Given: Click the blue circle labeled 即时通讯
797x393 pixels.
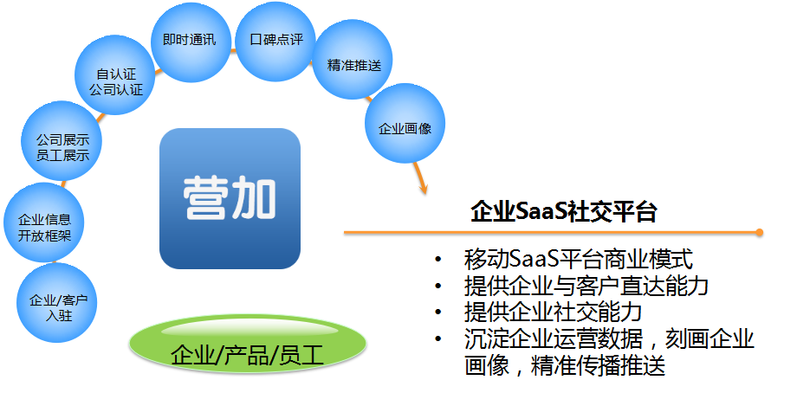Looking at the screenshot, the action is pyautogui.click(x=191, y=42).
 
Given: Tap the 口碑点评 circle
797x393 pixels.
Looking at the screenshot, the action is pyautogui.click(x=276, y=42).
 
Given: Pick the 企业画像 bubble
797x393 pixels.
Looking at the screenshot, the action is pyautogui.click(x=405, y=124).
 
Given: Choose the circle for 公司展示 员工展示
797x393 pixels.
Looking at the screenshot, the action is pyautogui.click(x=62, y=140).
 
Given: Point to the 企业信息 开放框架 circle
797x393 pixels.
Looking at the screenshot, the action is pyautogui.click(x=43, y=222).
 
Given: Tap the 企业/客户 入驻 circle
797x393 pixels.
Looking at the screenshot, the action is pyautogui.click(x=56, y=303).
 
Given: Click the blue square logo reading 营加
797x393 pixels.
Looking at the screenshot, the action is pyautogui.click(x=230, y=198).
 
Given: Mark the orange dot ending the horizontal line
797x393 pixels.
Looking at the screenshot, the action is pyautogui.click(x=759, y=233).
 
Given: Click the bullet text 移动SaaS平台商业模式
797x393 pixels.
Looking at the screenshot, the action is pyautogui.click(x=579, y=259).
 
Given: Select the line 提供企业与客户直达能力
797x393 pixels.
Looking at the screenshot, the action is pyautogui.click(x=586, y=286).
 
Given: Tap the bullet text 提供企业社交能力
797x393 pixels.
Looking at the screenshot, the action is pyautogui.click(x=553, y=312).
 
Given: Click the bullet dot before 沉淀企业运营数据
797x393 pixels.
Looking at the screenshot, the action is pyautogui.click(x=438, y=338).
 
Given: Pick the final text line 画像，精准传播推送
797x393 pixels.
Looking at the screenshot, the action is pyautogui.click(x=565, y=365).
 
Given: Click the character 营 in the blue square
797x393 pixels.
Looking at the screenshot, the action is pyautogui.click(x=205, y=198).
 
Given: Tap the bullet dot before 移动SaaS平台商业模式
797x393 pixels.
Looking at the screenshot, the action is pyautogui.click(x=438, y=260).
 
